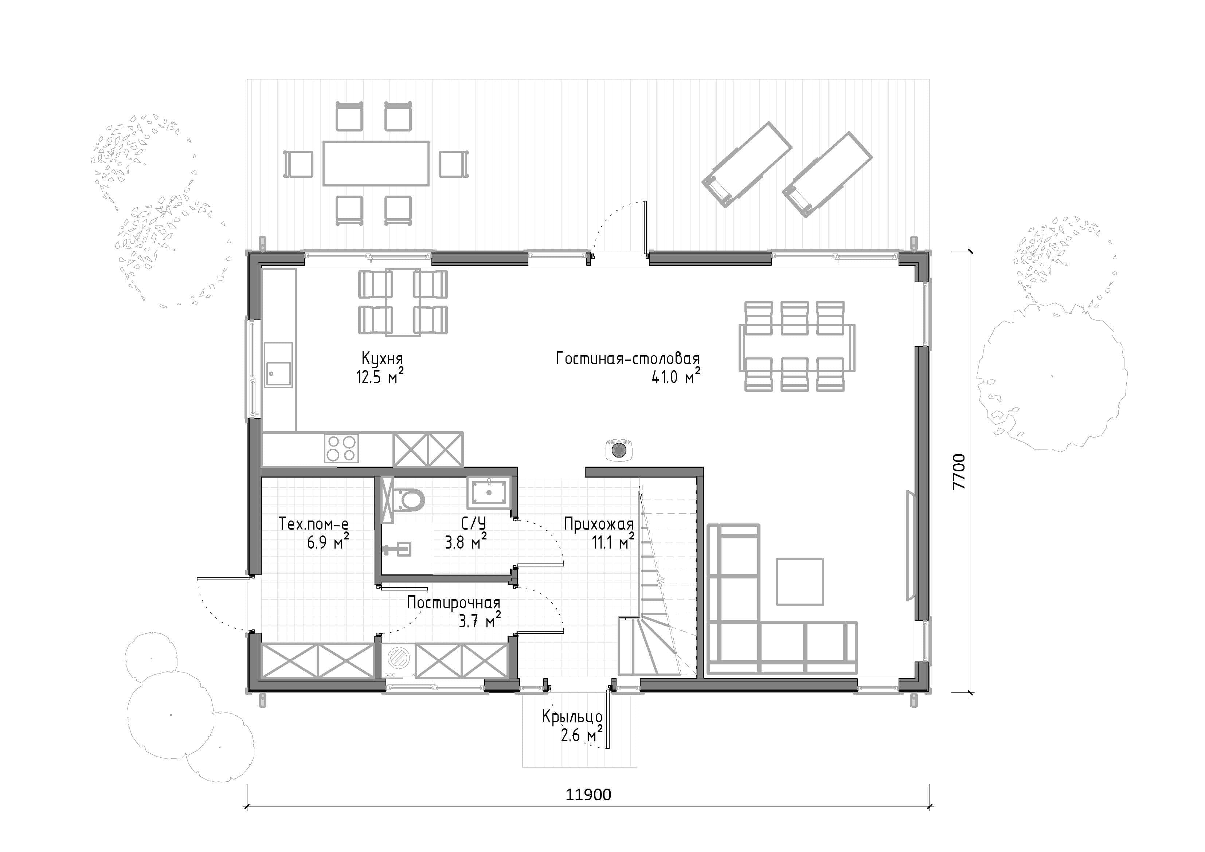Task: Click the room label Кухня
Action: click(382, 360)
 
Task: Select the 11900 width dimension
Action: click(588, 795)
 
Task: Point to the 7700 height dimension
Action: click(959, 471)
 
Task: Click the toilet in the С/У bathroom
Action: click(407, 499)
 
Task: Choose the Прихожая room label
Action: click(599, 523)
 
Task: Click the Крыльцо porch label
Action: click(572, 716)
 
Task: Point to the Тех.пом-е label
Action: click(313, 523)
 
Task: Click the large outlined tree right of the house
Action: click(1052, 376)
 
